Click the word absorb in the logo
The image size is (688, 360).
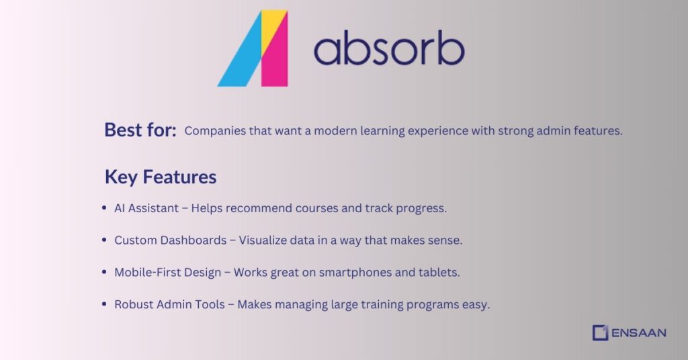coord(388,50)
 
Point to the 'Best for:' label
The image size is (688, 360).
coord(140,130)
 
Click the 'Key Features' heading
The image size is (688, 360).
coord(161,177)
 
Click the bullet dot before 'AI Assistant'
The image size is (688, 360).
coord(104,208)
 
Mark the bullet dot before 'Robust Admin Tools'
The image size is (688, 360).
coord(104,305)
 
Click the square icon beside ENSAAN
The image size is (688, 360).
coord(600,332)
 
